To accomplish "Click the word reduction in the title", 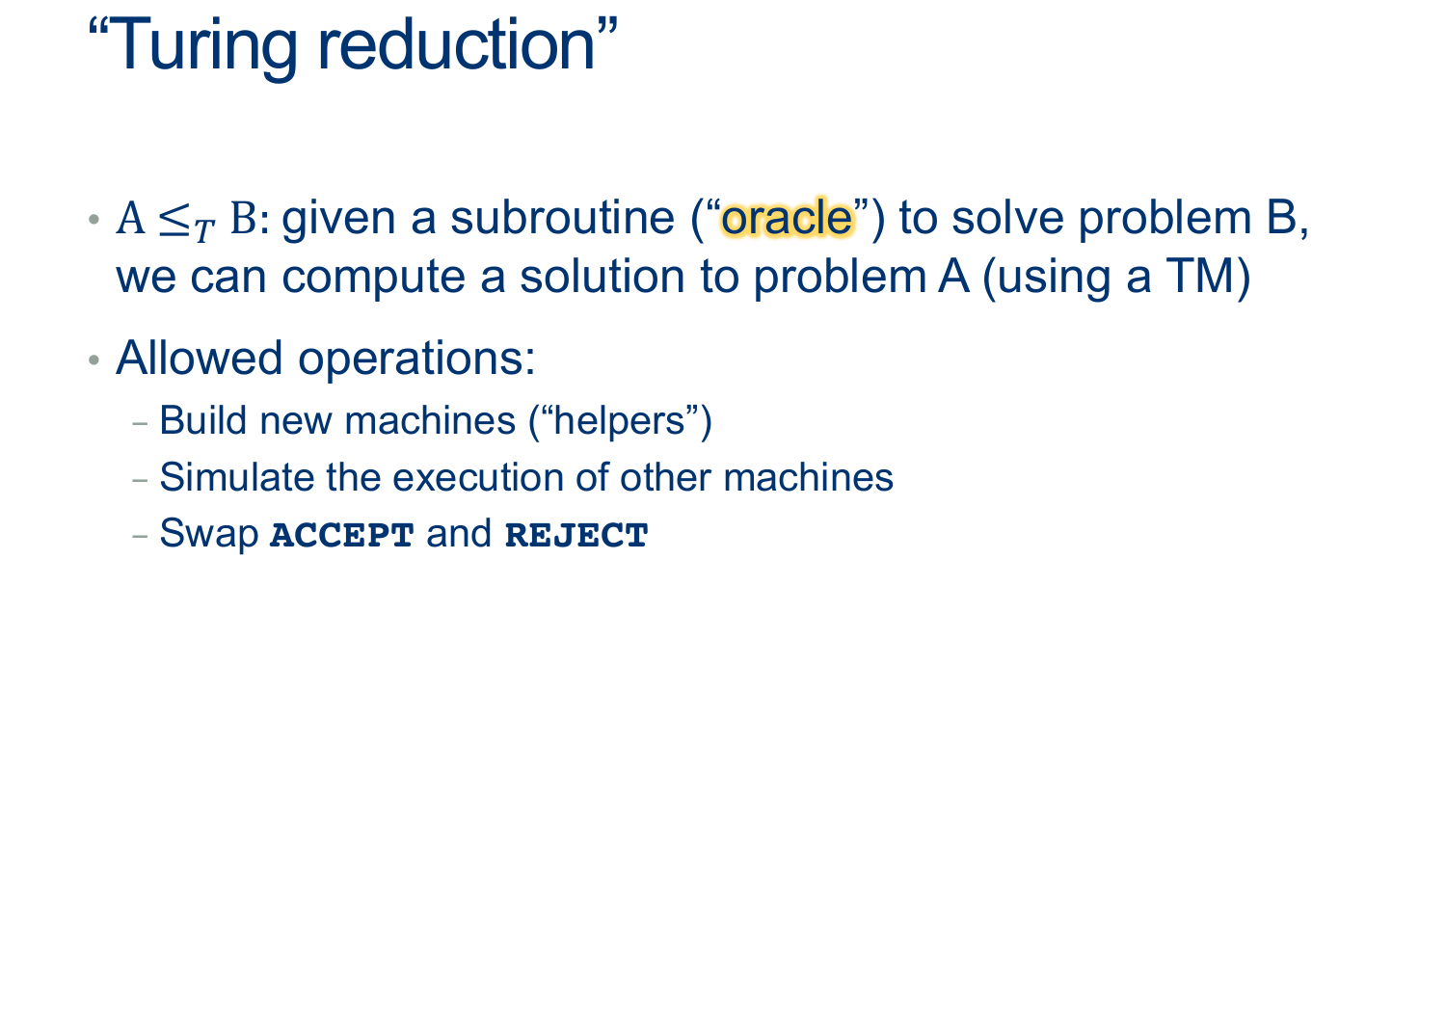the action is click(456, 44).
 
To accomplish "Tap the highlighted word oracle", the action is click(787, 218).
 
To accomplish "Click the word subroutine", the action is click(562, 218).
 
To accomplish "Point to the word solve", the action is click(1007, 218).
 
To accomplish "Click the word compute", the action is click(374, 279).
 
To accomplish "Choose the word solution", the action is click(602, 277).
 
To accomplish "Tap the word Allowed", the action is click(200, 358).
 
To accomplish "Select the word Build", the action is click(202, 420).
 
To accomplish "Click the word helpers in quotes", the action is click(619, 421).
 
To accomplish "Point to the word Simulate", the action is click(236, 477).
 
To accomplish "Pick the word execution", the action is click(477, 478).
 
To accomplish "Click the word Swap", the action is click(208, 535).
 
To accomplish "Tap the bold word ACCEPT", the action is click(341, 536).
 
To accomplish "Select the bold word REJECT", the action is click(576, 536).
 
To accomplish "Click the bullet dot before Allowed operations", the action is click(94, 360).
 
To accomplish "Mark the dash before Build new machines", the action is click(140, 424).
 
